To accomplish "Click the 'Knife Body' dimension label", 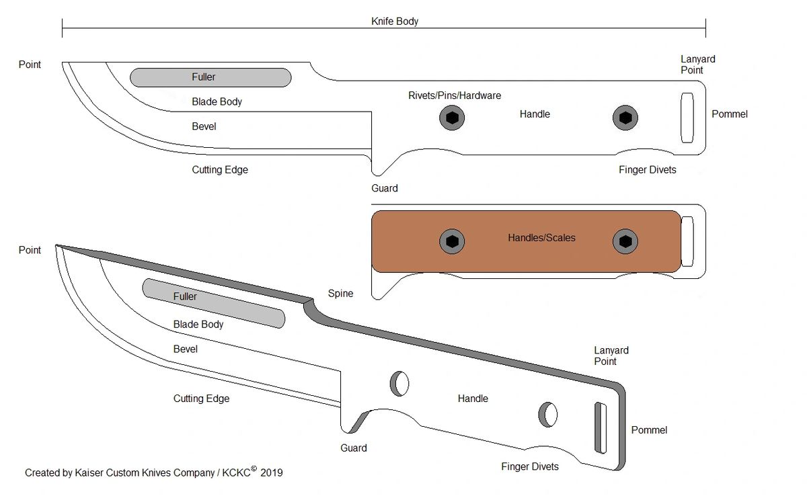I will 395,22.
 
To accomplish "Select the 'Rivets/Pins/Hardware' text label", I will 455,95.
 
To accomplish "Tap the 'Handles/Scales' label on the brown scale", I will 541,237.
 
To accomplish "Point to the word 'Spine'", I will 340,294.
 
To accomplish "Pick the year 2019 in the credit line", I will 271,473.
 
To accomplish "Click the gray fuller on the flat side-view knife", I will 210,77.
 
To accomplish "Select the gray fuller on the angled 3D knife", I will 213,304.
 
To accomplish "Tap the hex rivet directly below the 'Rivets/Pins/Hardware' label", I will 453,118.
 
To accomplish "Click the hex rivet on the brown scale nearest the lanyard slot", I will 625,241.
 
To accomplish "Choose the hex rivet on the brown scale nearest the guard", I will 453,241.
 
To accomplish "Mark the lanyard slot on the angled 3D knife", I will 600,428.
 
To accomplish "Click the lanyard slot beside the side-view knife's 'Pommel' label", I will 687,118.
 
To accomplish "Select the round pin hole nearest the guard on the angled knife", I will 399,383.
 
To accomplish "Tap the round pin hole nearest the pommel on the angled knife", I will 547,415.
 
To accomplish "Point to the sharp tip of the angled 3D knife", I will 57,246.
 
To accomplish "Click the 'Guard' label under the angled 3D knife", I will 353,448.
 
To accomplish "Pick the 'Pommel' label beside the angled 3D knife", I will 649,430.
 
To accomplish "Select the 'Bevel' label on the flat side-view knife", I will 204,126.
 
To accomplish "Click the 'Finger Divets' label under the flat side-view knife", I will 647,170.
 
